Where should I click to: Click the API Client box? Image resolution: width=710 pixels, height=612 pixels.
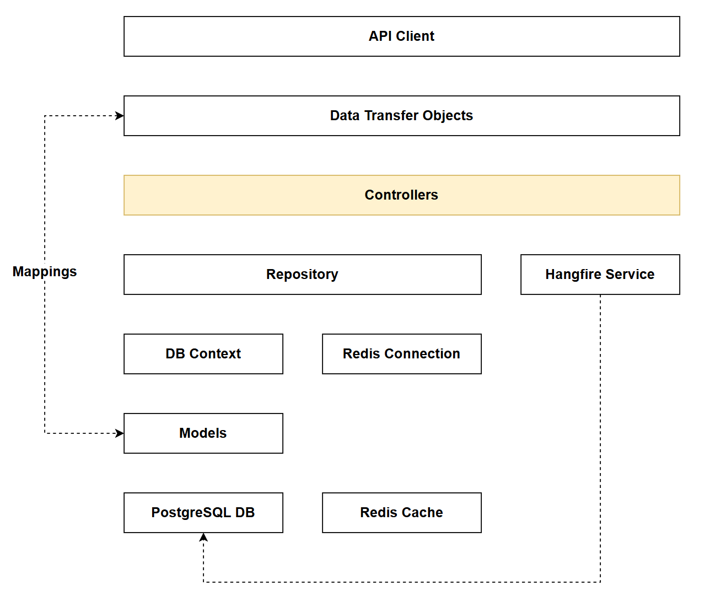pyautogui.click(x=401, y=36)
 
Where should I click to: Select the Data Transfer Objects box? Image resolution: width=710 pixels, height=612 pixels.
pyautogui.click(x=401, y=116)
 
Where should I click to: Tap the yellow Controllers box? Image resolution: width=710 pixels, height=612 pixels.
pyautogui.click(x=401, y=195)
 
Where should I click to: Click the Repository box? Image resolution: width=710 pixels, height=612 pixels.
pyautogui.click(x=302, y=275)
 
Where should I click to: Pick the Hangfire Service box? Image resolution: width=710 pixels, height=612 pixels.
pyautogui.click(x=600, y=275)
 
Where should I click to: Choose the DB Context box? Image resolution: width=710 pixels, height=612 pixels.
pyautogui.click(x=203, y=354)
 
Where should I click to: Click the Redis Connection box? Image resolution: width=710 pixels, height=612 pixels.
pyautogui.click(x=401, y=354)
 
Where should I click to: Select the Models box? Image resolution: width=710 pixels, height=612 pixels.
pyautogui.click(x=203, y=433)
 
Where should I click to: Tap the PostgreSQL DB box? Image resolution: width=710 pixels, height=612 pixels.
pyautogui.click(x=203, y=513)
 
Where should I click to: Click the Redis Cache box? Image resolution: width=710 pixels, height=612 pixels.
pyautogui.click(x=401, y=513)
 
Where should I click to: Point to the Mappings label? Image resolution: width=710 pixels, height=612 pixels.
pyautogui.click(x=45, y=272)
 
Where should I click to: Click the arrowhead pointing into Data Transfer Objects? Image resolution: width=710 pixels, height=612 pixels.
pyautogui.click(x=120, y=116)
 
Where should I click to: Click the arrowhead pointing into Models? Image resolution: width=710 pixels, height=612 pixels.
pyautogui.click(x=120, y=433)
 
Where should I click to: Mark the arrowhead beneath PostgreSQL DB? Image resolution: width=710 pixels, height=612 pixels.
pyautogui.click(x=203, y=537)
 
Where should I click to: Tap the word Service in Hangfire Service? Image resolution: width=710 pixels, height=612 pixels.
pyautogui.click(x=631, y=275)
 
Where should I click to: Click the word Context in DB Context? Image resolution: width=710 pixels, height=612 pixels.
pyautogui.click(x=215, y=354)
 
